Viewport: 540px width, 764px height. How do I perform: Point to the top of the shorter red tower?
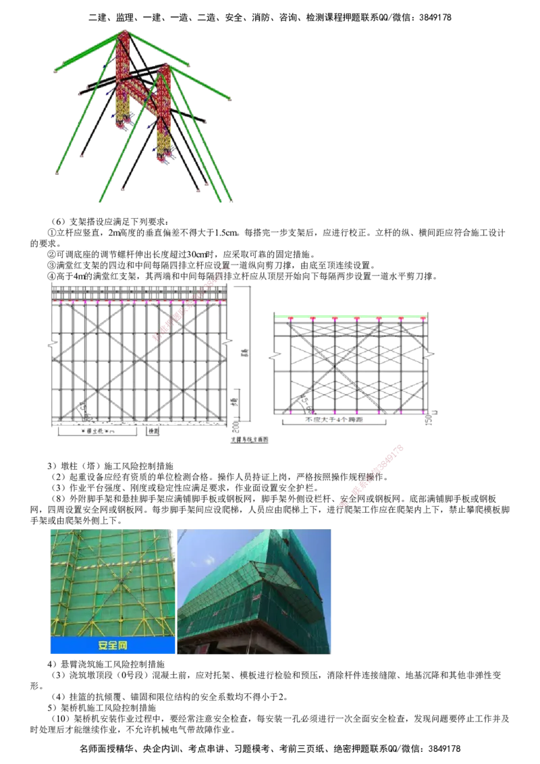tap(162, 67)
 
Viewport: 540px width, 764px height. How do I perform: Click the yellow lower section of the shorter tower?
tap(163, 142)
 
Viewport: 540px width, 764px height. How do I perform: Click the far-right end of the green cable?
tap(230, 100)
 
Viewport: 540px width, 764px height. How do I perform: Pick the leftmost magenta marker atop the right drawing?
tap(291, 319)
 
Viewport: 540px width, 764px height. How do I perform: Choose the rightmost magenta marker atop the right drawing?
tap(423, 319)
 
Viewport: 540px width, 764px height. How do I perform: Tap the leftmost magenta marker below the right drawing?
tap(290, 411)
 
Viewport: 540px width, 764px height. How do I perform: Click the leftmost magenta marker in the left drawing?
tap(60, 303)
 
